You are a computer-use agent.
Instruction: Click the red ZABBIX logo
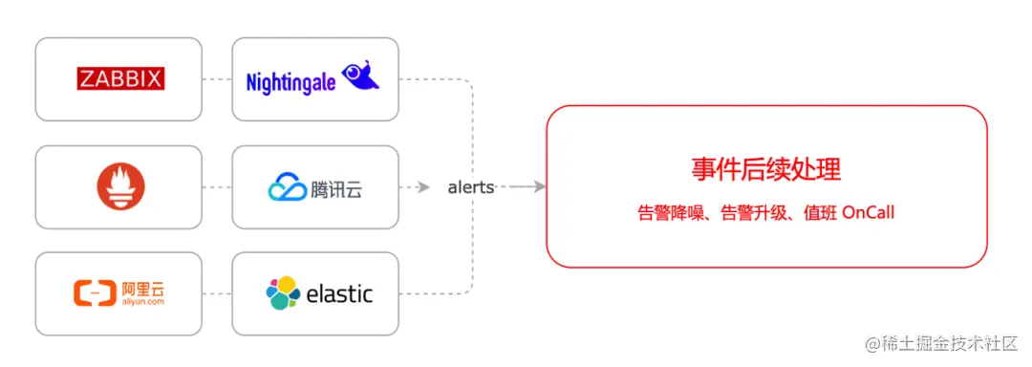120,78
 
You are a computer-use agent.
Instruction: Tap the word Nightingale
290,82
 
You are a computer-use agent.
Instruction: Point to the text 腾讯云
336,189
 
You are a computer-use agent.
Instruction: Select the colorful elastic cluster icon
283,292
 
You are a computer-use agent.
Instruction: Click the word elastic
339,293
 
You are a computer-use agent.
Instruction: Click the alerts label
471,187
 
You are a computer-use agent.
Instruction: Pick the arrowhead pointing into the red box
540,187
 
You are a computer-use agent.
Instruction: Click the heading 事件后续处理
765,170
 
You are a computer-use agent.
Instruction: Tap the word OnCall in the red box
868,213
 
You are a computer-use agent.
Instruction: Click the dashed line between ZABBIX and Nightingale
217,79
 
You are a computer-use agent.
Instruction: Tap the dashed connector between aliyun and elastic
217,293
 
